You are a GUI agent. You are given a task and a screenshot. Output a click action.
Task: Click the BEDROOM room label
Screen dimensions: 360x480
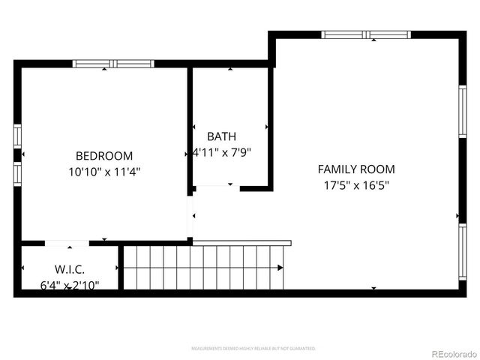point(104,156)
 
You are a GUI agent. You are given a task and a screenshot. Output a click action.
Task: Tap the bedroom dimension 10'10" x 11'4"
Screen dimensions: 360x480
point(104,171)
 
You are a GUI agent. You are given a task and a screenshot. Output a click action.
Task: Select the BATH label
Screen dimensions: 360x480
point(221,136)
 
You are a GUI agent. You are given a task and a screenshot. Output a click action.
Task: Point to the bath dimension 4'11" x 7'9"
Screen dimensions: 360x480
point(221,151)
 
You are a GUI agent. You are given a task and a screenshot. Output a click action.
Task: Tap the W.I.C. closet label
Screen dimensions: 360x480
point(69,269)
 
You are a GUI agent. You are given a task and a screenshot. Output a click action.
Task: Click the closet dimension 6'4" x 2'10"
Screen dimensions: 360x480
point(69,284)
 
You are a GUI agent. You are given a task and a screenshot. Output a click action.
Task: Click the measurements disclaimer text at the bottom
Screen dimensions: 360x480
point(253,349)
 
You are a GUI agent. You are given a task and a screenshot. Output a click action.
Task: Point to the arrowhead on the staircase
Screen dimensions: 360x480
point(280,267)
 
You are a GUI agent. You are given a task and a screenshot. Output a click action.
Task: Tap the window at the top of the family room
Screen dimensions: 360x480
point(366,34)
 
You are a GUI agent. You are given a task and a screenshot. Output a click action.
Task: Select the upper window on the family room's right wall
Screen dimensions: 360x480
point(462,110)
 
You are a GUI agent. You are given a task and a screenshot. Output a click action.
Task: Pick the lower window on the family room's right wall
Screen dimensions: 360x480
point(462,251)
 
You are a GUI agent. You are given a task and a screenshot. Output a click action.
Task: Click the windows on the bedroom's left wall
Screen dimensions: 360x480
point(17,154)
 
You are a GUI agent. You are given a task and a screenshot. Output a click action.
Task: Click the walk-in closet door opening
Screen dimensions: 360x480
point(67,243)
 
